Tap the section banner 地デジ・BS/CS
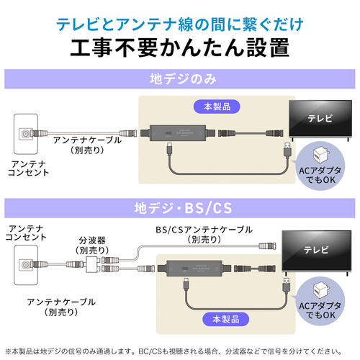[x=179, y=210]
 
